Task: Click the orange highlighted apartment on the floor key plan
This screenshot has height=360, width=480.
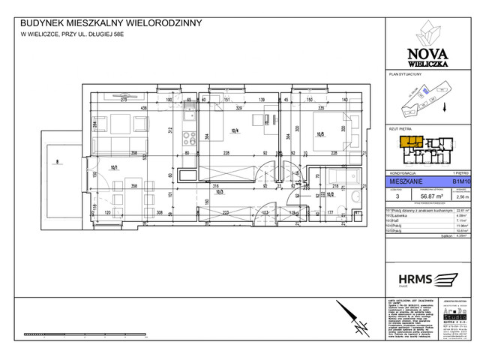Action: [x=409, y=142]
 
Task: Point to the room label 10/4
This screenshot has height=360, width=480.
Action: [x=234, y=130]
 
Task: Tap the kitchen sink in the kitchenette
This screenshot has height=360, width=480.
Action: [x=190, y=114]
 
